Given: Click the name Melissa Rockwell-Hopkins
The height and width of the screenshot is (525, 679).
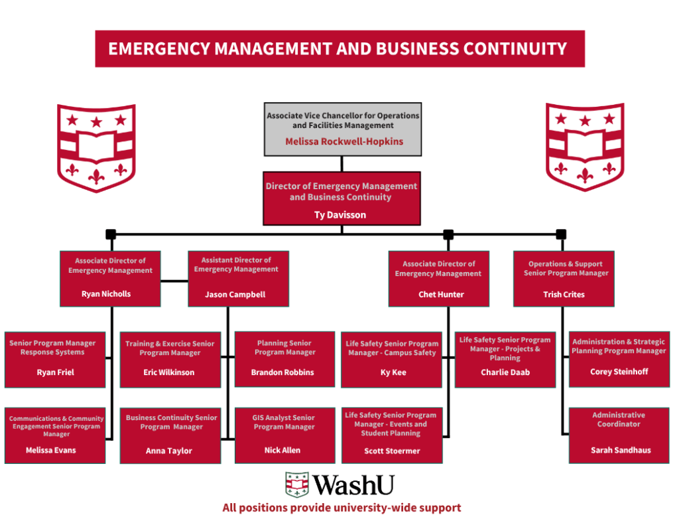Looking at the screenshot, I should tap(343, 141).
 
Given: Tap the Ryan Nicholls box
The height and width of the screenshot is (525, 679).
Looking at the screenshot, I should tap(110, 279).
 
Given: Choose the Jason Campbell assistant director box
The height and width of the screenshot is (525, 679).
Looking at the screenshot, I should tap(238, 279).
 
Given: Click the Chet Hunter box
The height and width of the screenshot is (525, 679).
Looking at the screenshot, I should tap(438, 279).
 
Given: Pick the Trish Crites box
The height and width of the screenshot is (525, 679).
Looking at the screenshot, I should tap(564, 279).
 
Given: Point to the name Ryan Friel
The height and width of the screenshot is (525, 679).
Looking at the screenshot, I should tap(55, 372).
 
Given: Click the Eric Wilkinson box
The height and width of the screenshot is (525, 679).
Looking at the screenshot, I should tap(170, 360).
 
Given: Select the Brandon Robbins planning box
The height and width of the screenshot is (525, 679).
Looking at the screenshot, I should tap(285, 359).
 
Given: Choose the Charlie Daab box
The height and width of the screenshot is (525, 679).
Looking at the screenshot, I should tap(505, 360).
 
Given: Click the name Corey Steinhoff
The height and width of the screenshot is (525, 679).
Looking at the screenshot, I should tap(619, 372).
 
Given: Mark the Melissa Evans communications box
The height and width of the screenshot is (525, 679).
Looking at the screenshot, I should tap(55, 435).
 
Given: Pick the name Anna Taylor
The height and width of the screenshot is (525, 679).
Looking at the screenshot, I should tap(169, 451).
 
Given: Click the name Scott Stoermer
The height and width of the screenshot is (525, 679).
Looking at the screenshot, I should tap(392, 451).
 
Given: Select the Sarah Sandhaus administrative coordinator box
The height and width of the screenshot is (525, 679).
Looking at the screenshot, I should tap(619, 435).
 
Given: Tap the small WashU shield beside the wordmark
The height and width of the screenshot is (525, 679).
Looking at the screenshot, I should tap(297, 485).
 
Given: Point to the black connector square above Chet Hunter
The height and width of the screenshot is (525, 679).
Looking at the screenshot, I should tap(448, 234).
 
